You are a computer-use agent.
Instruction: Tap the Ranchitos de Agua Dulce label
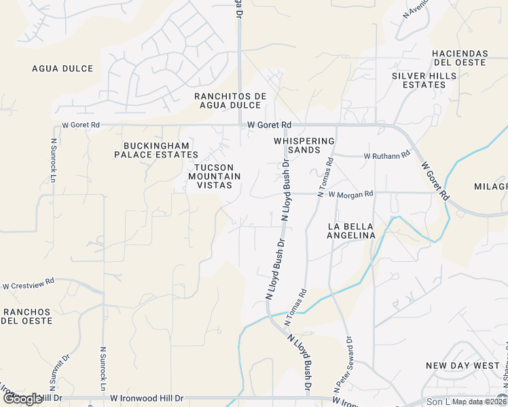(230, 100)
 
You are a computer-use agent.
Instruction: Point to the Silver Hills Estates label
(419, 80)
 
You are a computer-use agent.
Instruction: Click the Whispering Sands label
(304, 145)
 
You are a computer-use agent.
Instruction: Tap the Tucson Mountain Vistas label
(215, 176)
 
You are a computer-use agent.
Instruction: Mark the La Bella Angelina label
(351, 231)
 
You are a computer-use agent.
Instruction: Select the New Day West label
(462, 366)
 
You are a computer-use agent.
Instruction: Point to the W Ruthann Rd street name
(387, 155)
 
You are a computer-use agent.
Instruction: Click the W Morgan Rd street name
(350, 194)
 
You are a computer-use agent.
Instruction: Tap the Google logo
(22, 399)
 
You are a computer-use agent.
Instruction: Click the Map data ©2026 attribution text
(478, 401)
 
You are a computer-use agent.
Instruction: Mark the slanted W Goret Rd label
(435, 180)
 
